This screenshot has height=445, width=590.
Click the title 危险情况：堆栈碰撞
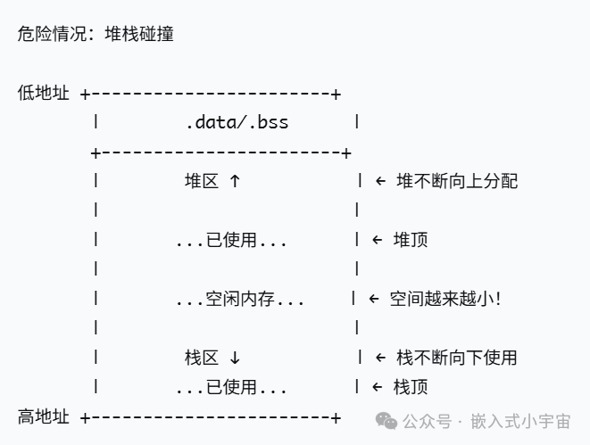96,34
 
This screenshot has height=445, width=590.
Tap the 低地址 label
43,93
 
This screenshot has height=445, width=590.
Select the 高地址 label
43,416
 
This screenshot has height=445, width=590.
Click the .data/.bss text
237,122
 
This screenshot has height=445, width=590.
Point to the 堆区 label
202,181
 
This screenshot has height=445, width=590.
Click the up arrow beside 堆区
235,181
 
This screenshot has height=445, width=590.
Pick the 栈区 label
202,358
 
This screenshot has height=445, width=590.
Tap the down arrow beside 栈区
235,358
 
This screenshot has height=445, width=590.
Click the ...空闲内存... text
240,299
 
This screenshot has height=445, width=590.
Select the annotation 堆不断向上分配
457,181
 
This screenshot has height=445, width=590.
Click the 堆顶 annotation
411,240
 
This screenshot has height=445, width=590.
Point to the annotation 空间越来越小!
445,299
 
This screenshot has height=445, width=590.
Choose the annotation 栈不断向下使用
457,358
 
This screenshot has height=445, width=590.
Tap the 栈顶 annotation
411,387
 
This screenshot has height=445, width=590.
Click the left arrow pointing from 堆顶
377,240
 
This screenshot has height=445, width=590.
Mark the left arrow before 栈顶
377,387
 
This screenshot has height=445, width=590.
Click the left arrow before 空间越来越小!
374,299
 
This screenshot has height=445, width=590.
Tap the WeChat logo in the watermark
386,421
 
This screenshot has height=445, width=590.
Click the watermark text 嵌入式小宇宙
520,421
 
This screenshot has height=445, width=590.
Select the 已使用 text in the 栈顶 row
231,387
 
